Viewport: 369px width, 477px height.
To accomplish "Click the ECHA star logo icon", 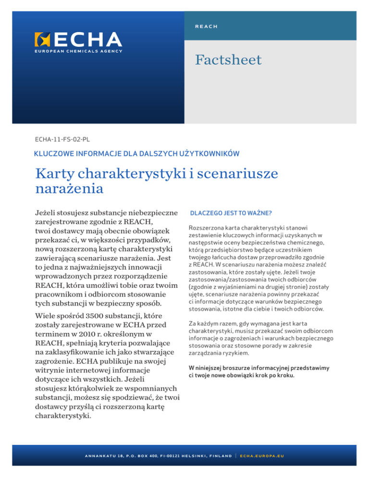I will [x=42, y=39].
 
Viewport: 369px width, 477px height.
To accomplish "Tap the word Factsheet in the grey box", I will [x=228, y=60].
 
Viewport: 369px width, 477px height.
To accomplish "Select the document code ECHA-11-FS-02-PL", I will [x=62, y=139].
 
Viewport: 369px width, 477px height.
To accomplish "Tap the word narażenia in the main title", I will [x=70, y=189].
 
